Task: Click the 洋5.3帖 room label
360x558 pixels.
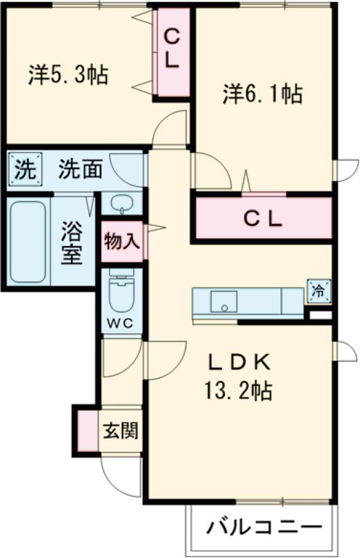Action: click(x=67, y=74)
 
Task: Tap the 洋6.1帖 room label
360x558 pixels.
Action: click(x=262, y=94)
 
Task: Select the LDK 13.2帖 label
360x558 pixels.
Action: click(x=239, y=376)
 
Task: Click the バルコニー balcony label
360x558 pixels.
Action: click(x=262, y=529)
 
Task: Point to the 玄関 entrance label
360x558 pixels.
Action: click(x=121, y=431)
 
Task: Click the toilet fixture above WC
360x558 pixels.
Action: click(x=122, y=291)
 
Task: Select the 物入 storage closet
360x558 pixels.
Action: click(x=122, y=241)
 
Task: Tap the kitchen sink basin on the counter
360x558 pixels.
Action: click(x=223, y=301)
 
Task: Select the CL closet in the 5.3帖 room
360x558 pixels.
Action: click(x=172, y=49)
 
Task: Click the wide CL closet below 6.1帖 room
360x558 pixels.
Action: click(x=262, y=218)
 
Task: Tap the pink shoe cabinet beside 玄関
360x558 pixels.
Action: click(x=88, y=430)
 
